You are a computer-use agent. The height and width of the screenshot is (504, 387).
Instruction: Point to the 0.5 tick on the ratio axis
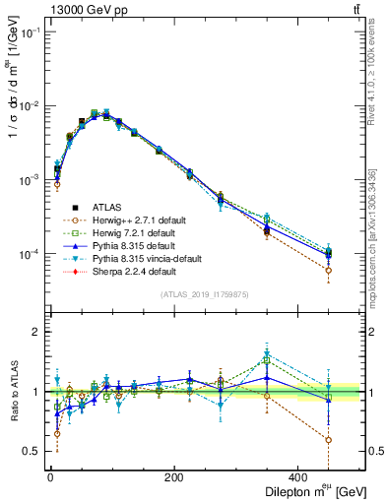(x=32, y=451)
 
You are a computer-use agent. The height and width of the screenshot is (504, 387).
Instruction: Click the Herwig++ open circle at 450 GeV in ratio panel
(x=355, y=440)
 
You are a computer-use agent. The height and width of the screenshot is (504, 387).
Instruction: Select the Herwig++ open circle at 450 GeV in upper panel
(x=355, y=271)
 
